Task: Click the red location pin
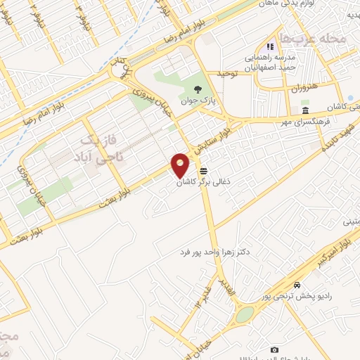click(x=181, y=165)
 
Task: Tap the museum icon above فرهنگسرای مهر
click(x=304, y=111)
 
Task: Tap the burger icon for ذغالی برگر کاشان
click(x=203, y=171)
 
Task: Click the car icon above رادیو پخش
click(x=298, y=285)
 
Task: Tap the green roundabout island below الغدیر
click(x=243, y=316)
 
